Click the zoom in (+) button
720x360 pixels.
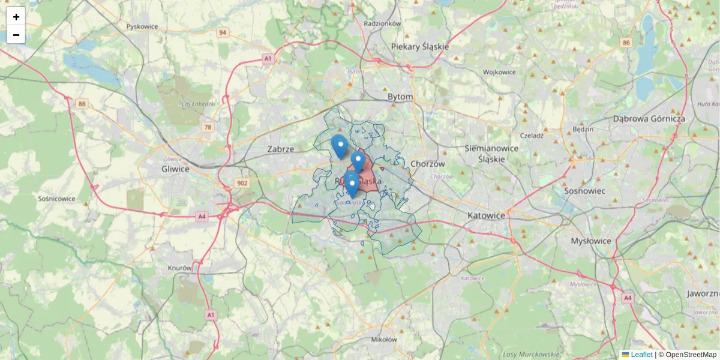(16, 17)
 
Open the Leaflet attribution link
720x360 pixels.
(641, 355)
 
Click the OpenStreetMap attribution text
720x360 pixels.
(691, 355)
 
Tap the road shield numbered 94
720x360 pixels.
(223, 32)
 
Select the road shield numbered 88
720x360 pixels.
(82, 104)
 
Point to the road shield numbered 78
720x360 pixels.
(208, 127)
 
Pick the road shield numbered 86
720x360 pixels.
(626, 43)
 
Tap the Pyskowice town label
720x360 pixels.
(142, 27)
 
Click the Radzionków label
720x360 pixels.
(382, 23)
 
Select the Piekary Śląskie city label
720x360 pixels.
(419, 46)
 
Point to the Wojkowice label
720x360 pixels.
(499, 72)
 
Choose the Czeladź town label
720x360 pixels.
(532, 136)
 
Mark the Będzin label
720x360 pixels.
(583, 129)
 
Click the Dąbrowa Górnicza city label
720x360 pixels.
(649, 119)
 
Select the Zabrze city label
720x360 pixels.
(281, 149)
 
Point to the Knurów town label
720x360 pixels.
(180, 268)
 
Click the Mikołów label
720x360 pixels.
(384, 339)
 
